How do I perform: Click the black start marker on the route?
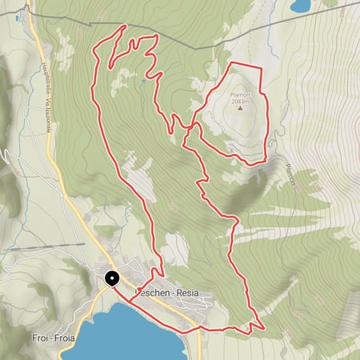coord(111,279)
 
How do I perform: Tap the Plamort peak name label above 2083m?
coord(241,94)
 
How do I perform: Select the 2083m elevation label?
coord(241,102)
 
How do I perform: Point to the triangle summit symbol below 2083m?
coord(241,109)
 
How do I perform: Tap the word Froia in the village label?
coord(62,338)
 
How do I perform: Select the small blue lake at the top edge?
coord(301,6)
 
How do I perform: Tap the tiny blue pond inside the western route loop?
coord(143,80)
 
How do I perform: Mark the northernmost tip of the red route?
coord(126,26)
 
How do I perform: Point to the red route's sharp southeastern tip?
coord(263,326)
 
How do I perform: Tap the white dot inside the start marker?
coord(111,278)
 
